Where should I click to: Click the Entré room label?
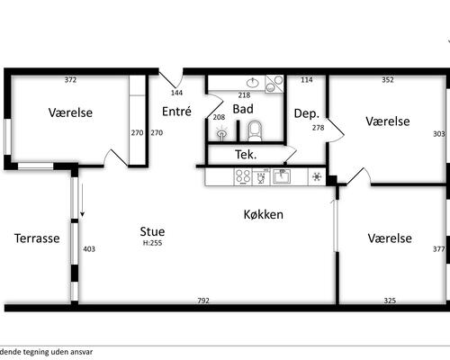[176, 112]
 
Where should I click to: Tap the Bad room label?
[243, 109]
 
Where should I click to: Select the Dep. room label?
[307, 113]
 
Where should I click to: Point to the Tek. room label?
[246, 155]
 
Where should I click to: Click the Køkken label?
[263, 214]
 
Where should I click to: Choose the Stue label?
[152, 231]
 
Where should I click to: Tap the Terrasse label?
[37, 238]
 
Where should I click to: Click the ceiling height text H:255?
[152, 243]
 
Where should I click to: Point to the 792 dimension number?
[203, 301]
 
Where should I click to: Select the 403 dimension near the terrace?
[89, 249]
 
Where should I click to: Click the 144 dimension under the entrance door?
[176, 93]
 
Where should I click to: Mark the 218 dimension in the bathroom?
[244, 95]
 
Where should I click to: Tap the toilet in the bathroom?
[255, 130]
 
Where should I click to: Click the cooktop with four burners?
[243, 176]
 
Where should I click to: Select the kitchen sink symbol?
[282, 176]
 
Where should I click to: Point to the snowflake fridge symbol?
[317, 176]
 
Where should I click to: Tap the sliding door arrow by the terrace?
[82, 200]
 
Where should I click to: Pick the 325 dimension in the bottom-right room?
[390, 301]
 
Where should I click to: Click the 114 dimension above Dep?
[307, 80]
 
